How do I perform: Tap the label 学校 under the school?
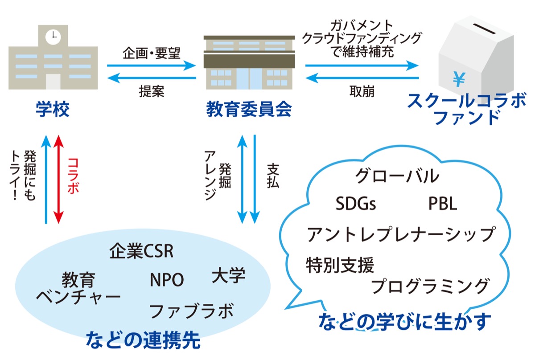click(53, 110)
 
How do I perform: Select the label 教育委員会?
click(249, 110)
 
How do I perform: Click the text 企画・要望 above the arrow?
click(151, 54)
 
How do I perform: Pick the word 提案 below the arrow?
click(151, 91)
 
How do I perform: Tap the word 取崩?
click(362, 91)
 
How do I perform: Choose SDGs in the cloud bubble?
click(355, 204)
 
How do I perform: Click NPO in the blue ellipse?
click(167, 280)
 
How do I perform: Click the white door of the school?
click(53, 82)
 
